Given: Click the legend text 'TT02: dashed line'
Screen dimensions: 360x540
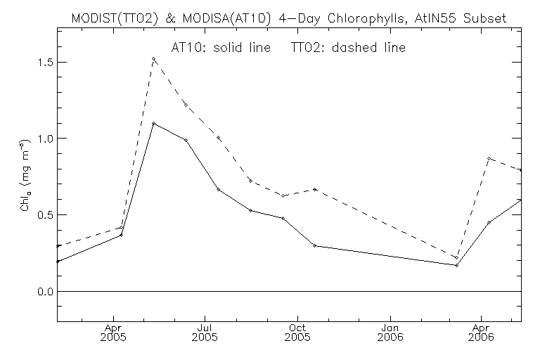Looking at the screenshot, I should (349, 47).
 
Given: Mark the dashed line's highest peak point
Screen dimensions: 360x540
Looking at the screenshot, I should (154, 58).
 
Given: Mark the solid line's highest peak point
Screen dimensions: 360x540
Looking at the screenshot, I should (154, 124).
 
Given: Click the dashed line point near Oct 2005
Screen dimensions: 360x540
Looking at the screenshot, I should (315, 189).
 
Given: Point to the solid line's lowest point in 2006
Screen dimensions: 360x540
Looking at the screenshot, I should (456, 265).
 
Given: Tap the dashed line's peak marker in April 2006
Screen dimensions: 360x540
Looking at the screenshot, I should (488, 158).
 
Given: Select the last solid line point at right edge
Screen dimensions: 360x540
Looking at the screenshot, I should (521, 200).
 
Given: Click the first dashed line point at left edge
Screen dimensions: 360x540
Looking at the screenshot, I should (57, 246).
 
